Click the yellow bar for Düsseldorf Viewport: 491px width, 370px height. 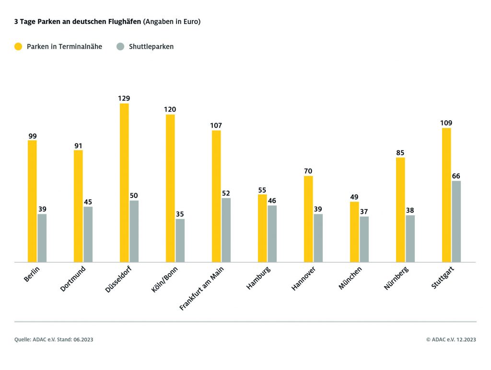(124, 183)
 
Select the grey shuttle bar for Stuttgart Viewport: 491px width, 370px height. (456, 221)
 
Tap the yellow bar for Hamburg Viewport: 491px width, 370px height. (262, 228)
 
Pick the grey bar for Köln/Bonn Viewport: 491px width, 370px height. (180, 241)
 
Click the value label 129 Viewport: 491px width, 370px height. (124, 98)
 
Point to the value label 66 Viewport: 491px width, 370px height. (456, 176)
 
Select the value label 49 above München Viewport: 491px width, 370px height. (354, 197)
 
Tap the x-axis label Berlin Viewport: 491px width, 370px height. (32, 274)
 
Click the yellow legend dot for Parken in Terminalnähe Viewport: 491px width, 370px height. (19, 46)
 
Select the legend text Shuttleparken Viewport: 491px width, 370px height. (151, 46)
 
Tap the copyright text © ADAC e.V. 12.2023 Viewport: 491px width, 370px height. (451, 340)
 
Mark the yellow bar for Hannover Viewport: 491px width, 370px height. (308, 219)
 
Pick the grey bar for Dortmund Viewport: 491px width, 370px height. (88, 234)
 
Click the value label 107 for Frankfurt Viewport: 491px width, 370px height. (216, 126)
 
